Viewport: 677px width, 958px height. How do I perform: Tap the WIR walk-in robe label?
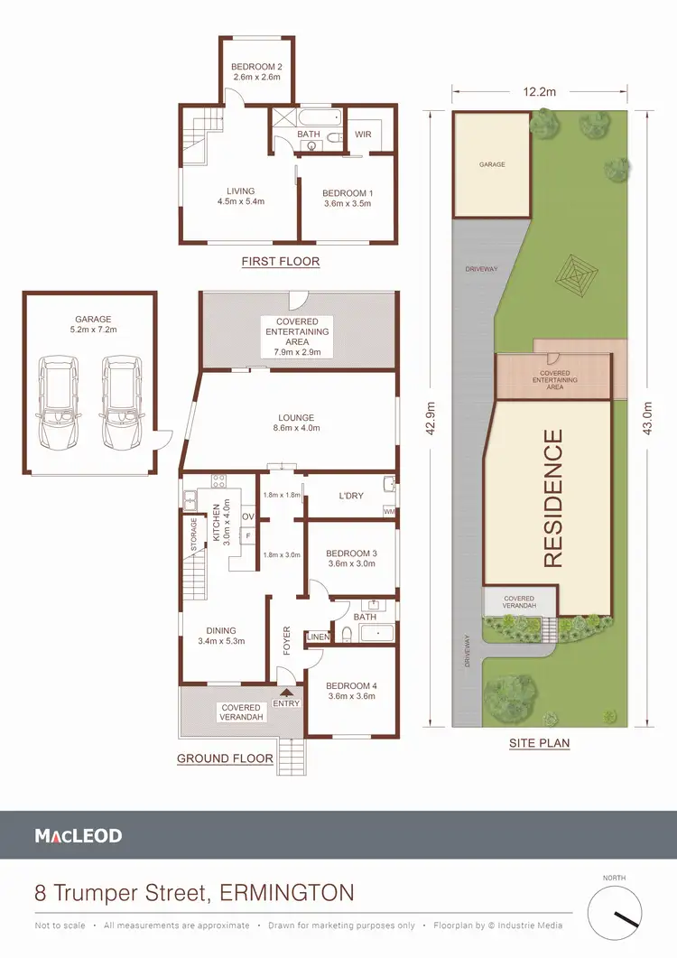coord(364,134)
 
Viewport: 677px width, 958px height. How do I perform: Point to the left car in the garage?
coord(57,403)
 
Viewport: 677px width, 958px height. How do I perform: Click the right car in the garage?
coord(122,403)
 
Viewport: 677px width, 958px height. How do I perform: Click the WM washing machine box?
coord(389,512)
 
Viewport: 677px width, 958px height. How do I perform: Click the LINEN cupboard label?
coord(319,637)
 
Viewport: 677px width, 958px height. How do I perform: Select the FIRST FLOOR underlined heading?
coord(280,262)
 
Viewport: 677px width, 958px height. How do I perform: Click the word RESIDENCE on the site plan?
coord(552,498)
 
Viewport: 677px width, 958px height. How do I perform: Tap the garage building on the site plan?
coord(491,165)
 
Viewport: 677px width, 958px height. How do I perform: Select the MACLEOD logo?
coord(79,836)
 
